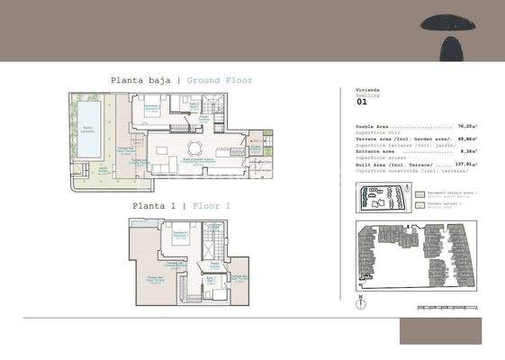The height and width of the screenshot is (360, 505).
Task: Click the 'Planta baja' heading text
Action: tap(141, 81)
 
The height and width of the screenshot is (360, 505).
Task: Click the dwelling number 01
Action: tap(362, 103)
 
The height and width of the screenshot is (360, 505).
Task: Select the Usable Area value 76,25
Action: tap(466, 127)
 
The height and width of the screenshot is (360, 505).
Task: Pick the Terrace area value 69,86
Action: tap(466, 139)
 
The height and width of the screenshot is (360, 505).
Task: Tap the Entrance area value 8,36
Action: tap(468, 152)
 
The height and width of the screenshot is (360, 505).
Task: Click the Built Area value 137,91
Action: tap(465, 165)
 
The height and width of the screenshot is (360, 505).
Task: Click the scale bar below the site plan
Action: tap(445, 307)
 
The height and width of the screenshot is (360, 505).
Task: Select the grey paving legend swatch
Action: tap(419, 193)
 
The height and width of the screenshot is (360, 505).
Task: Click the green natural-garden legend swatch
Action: tap(419, 203)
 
